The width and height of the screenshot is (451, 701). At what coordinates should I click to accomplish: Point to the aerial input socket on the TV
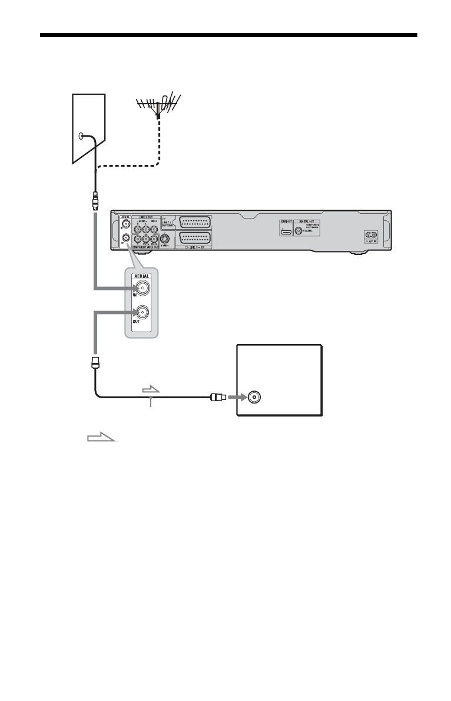[x=254, y=398]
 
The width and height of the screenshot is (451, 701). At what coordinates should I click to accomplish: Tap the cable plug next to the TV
[x=217, y=398]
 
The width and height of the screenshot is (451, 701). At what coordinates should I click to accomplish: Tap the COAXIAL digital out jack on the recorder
[x=303, y=232]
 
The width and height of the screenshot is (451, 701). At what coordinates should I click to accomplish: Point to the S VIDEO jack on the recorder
[x=165, y=240]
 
